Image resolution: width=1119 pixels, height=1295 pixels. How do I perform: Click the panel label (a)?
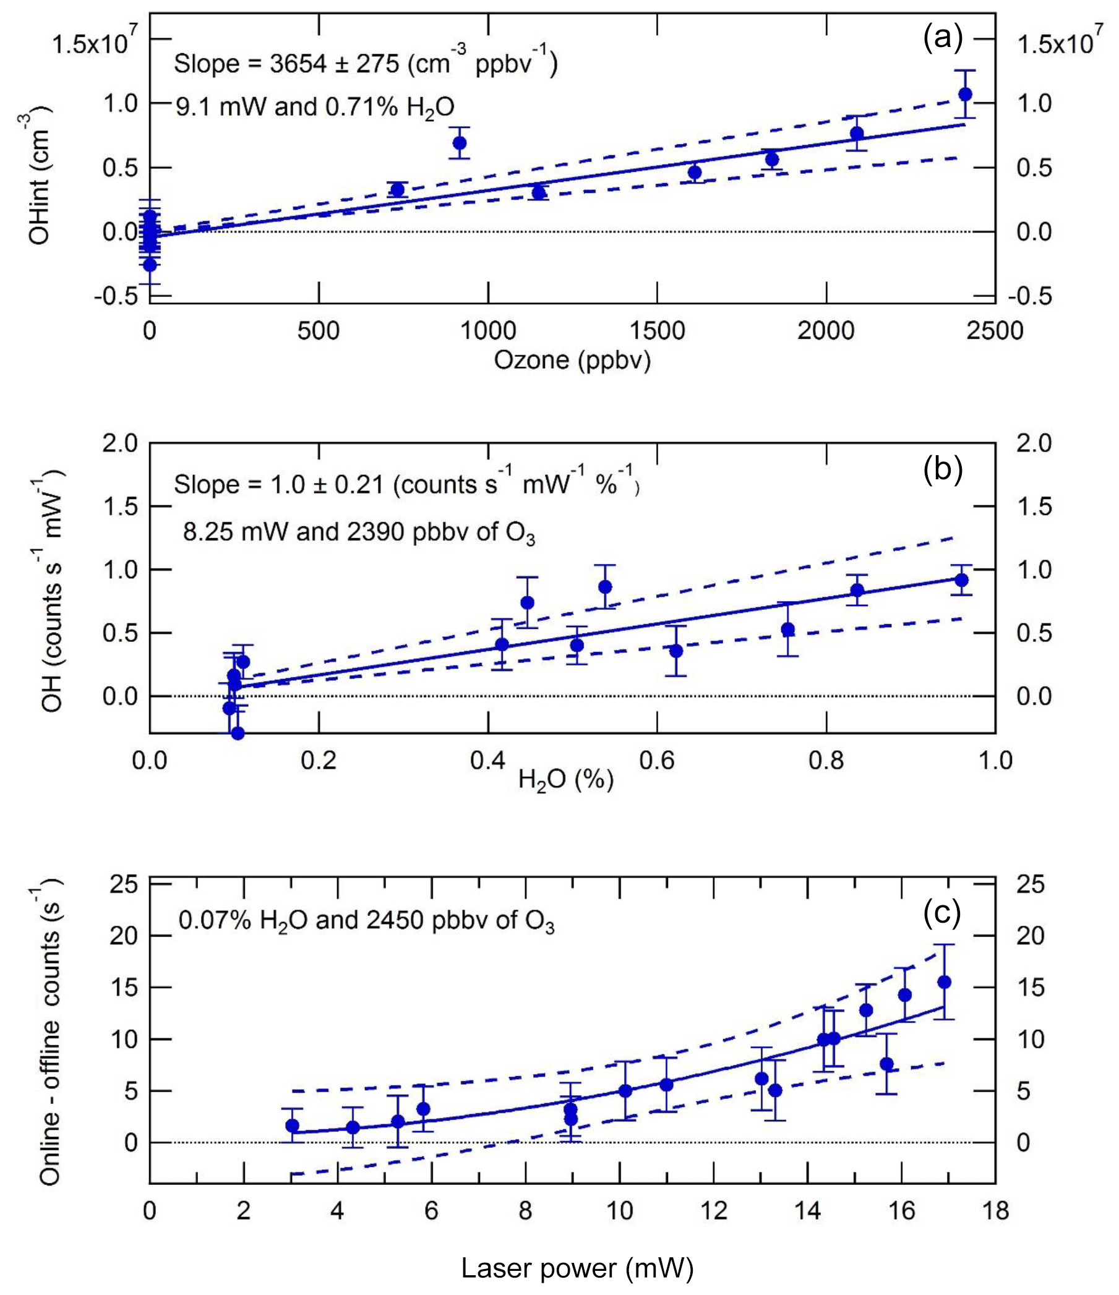(943, 39)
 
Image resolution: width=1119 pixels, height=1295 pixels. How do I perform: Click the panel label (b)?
(943, 469)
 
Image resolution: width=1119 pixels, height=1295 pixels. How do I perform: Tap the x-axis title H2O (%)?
(566, 780)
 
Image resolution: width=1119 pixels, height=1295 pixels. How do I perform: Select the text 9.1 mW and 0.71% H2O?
(314, 108)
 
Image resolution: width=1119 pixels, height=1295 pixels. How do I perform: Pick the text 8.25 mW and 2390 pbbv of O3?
(359, 533)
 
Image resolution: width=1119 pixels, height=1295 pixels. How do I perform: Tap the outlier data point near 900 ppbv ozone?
(460, 142)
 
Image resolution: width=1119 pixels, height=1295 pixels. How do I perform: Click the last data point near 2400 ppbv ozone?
(965, 95)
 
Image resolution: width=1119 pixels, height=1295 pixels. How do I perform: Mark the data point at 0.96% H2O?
(961, 580)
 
